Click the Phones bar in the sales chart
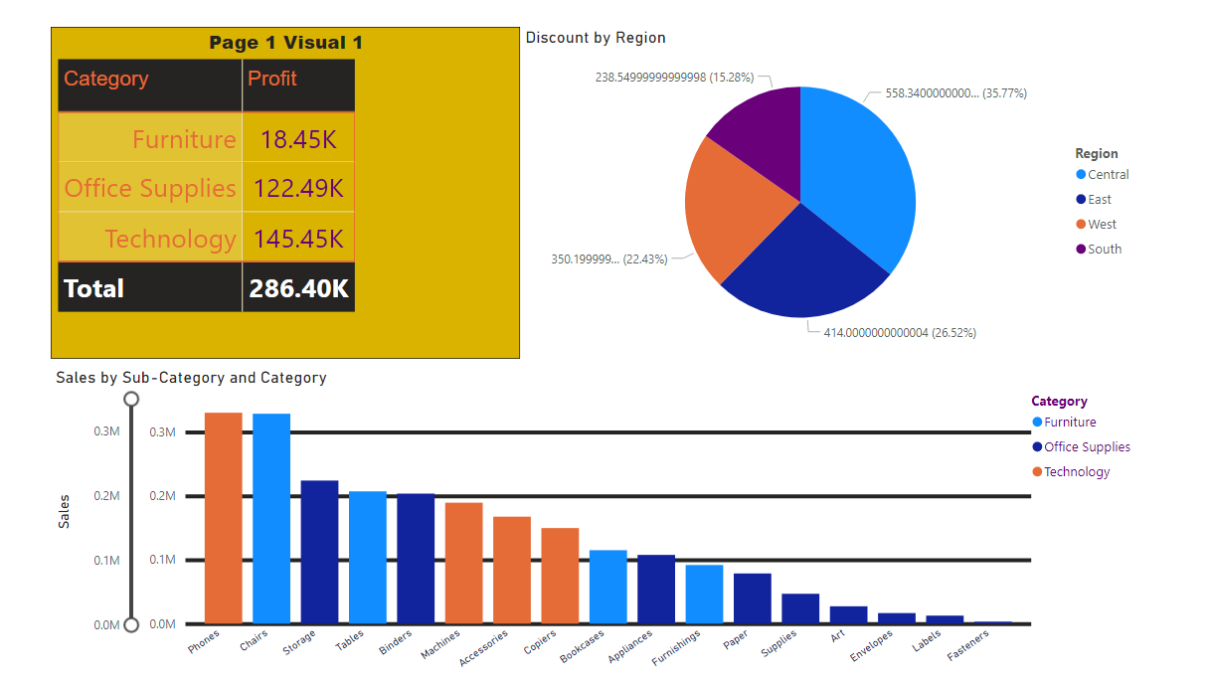click(x=224, y=518)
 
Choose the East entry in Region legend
click(x=1099, y=200)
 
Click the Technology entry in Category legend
click(x=1076, y=472)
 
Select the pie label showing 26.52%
click(x=899, y=333)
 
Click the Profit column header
click(x=272, y=79)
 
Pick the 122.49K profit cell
click(x=298, y=188)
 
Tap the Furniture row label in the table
click(x=184, y=139)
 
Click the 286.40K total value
click(x=298, y=288)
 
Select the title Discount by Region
click(x=596, y=38)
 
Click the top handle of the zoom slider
click(x=130, y=400)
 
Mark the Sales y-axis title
click(x=65, y=511)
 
